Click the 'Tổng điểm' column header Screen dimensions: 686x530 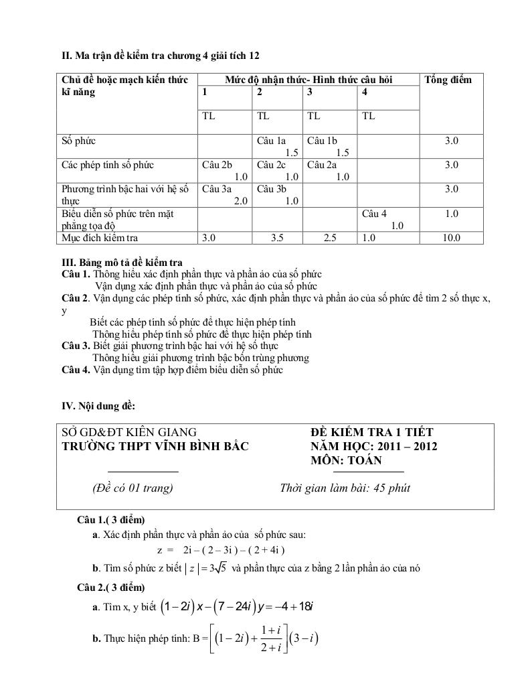click(x=448, y=80)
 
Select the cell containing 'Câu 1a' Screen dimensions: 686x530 click(x=271, y=141)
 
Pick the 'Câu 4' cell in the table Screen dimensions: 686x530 click(x=374, y=214)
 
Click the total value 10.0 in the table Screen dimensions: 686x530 click(x=451, y=238)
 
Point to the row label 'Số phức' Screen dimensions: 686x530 click(x=78, y=141)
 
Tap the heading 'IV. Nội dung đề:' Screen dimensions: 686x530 click(x=98, y=405)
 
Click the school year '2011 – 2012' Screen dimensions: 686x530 click(x=407, y=447)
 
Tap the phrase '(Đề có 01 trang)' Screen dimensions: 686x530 click(x=132, y=488)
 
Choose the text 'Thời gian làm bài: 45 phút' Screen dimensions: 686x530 click(x=345, y=488)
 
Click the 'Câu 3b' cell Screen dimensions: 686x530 click(x=271, y=189)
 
